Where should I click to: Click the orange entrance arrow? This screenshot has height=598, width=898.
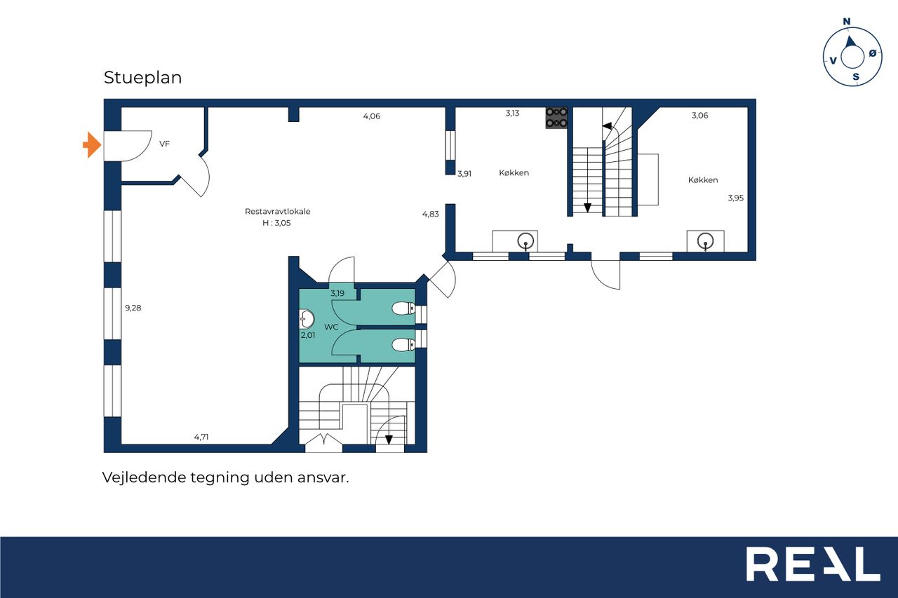pyautogui.click(x=92, y=145)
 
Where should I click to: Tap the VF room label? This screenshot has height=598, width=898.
pyautogui.click(x=164, y=144)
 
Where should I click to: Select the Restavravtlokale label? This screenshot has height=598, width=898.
pyautogui.click(x=277, y=212)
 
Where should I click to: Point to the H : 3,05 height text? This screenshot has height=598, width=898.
pyautogui.click(x=276, y=223)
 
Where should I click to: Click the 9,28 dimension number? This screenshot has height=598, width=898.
pyautogui.click(x=133, y=308)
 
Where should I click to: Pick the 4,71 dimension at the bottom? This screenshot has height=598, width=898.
pyautogui.click(x=201, y=437)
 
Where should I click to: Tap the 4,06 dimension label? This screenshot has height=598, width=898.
pyautogui.click(x=372, y=116)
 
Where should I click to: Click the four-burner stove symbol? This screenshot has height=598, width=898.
pyautogui.click(x=556, y=118)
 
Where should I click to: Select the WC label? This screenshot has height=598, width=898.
pyautogui.click(x=331, y=327)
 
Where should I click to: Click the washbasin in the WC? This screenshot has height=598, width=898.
pyautogui.click(x=307, y=319)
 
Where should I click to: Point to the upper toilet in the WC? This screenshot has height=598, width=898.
pyautogui.click(x=403, y=308)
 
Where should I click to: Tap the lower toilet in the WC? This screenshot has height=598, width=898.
pyautogui.click(x=403, y=344)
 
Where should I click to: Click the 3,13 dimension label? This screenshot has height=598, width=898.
pyautogui.click(x=512, y=114)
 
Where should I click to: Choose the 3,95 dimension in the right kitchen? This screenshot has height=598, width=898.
pyautogui.click(x=736, y=198)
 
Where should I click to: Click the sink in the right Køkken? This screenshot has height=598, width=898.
pyautogui.click(x=706, y=242)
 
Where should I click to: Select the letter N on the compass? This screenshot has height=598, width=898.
pyautogui.click(x=847, y=22)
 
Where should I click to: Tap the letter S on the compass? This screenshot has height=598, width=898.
pyautogui.click(x=856, y=77)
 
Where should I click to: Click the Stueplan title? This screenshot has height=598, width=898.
pyautogui.click(x=142, y=78)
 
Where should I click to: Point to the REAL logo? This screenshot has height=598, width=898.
pyautogui.click(x=813, y=564)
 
